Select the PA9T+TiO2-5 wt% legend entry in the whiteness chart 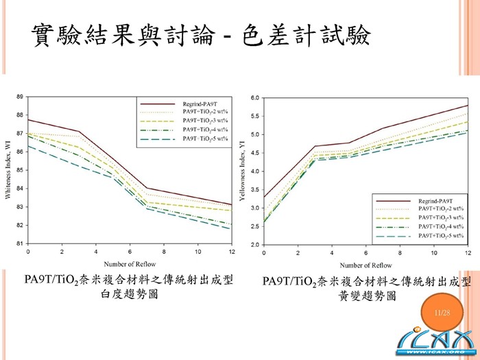205,139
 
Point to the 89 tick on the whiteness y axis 19,97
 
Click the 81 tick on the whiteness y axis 19,243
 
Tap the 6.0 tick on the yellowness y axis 256,97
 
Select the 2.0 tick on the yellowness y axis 256,245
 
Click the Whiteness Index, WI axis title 8,170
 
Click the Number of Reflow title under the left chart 130,263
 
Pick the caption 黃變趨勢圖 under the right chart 368,296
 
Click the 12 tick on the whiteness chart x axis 231,252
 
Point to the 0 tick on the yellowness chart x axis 264,253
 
